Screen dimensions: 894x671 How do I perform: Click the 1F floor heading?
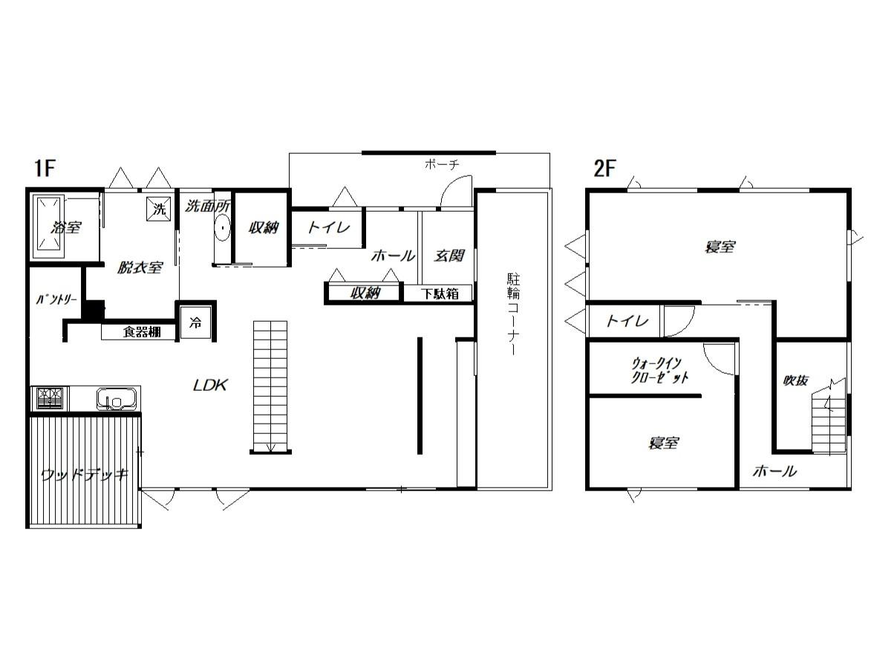tap(45, 168)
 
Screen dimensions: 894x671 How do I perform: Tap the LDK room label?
tap(210, 385)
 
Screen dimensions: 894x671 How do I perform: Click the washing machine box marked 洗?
tap(157, 210)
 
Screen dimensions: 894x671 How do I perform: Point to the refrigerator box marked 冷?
tap(195, 323)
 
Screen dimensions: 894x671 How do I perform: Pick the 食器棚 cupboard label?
tap(142, 332)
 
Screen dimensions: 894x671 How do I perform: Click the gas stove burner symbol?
tap(50, 398)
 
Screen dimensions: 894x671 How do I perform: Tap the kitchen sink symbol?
tap(116, 398)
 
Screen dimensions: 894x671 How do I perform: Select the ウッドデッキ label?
tap(85, 475)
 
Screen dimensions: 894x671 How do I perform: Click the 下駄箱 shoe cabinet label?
tap(440, 294)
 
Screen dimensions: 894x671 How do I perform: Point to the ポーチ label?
tap(443, 165)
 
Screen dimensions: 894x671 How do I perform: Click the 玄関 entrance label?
tap(448, 256)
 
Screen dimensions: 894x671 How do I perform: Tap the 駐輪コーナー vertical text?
tap(513, 314)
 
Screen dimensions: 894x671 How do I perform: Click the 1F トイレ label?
tap(328, 227)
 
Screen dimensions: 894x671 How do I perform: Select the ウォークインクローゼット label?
tap(659, 370)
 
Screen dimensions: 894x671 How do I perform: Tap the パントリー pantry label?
tap(56, 300)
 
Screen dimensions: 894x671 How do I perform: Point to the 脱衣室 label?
tap(140, 268)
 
